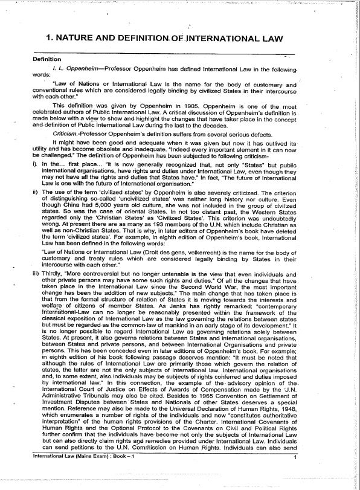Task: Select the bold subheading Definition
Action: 47,59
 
